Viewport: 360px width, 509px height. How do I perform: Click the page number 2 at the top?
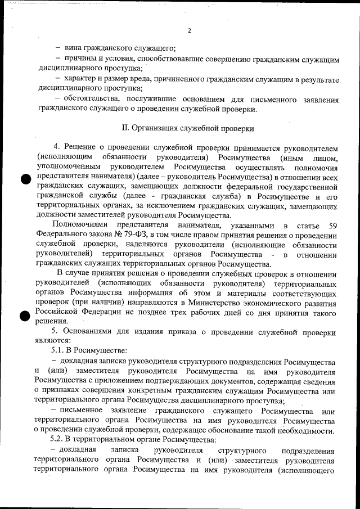coord(190,30)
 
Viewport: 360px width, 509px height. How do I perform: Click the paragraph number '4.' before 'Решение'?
coord(56,148)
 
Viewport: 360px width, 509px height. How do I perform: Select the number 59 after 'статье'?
coord(333,225)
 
